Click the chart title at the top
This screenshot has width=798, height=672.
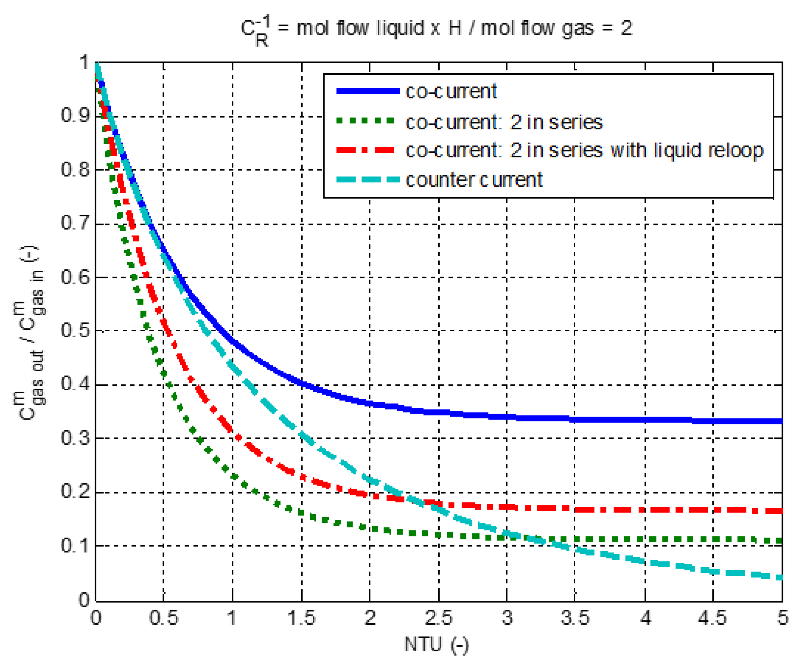pyautogui.click(x=436, y=30)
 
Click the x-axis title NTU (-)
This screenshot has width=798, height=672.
pyautogui.click(x=436, y=645)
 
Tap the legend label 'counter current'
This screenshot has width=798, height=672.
pyautogui.click(x=474, y=180)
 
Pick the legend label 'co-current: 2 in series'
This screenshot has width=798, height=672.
pyautogui.click(x=504, y=122)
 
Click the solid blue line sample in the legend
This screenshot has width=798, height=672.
pyautogui.click(x=368, y=91)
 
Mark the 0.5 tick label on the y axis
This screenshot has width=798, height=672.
pyautogui.click(x=75, y=330)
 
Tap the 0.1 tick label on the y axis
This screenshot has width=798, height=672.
pyautogui.click(x=75, y=546)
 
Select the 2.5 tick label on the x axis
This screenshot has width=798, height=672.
pyautogui.click(x=438, y=618)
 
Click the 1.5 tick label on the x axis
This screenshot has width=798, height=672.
pyautogui.click(x=301, y=618)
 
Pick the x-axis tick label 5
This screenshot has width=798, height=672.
pyautogui.click(x=782, y=618)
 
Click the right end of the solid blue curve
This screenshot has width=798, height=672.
pyautogui.click(x=781, y=421)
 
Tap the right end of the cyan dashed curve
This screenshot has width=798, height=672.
pyautogui.click(x=781, y=577)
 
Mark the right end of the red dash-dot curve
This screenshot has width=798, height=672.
pyautogui.click(x=781, y=511)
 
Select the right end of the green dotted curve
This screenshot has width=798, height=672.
pyautogui.click(x=781, y=541)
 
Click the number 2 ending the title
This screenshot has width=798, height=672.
pyautogui.click(x=626, y=28)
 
